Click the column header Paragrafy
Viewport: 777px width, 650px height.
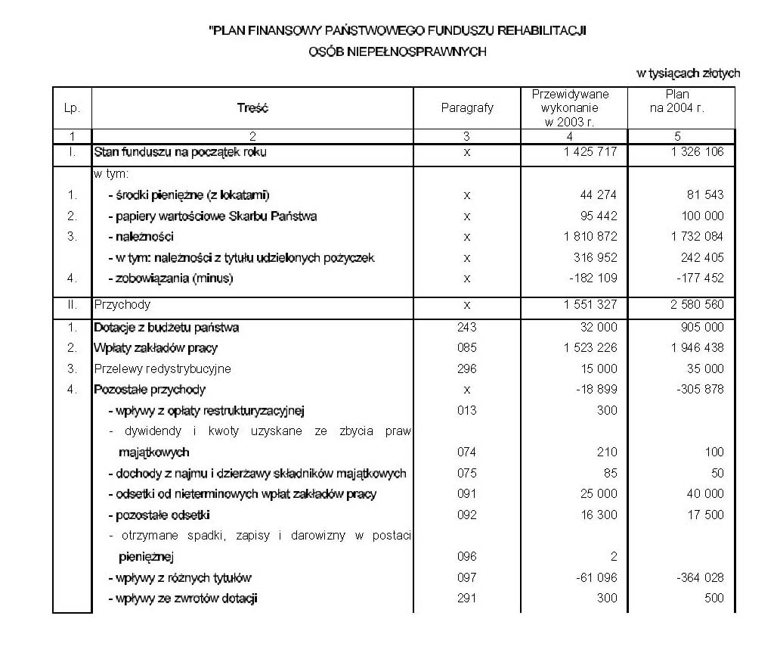[466, 108]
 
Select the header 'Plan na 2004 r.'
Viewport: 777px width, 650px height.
[677, 101]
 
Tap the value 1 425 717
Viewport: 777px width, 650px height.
[590, 152]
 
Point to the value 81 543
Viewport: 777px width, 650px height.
[702, 195]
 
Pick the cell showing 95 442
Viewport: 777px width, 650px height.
[599, 216]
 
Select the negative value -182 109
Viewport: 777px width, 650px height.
[594, 278]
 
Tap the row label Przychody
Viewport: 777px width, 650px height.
[122, 305]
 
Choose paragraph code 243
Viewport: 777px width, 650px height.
[466, 328]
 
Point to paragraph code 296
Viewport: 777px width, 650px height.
[466, 369]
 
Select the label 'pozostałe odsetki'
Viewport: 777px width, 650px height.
[156, 515]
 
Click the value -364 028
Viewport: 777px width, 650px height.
[696, 578]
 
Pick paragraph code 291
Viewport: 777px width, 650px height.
[466, 599]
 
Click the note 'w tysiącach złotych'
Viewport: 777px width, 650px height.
[688, 73]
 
